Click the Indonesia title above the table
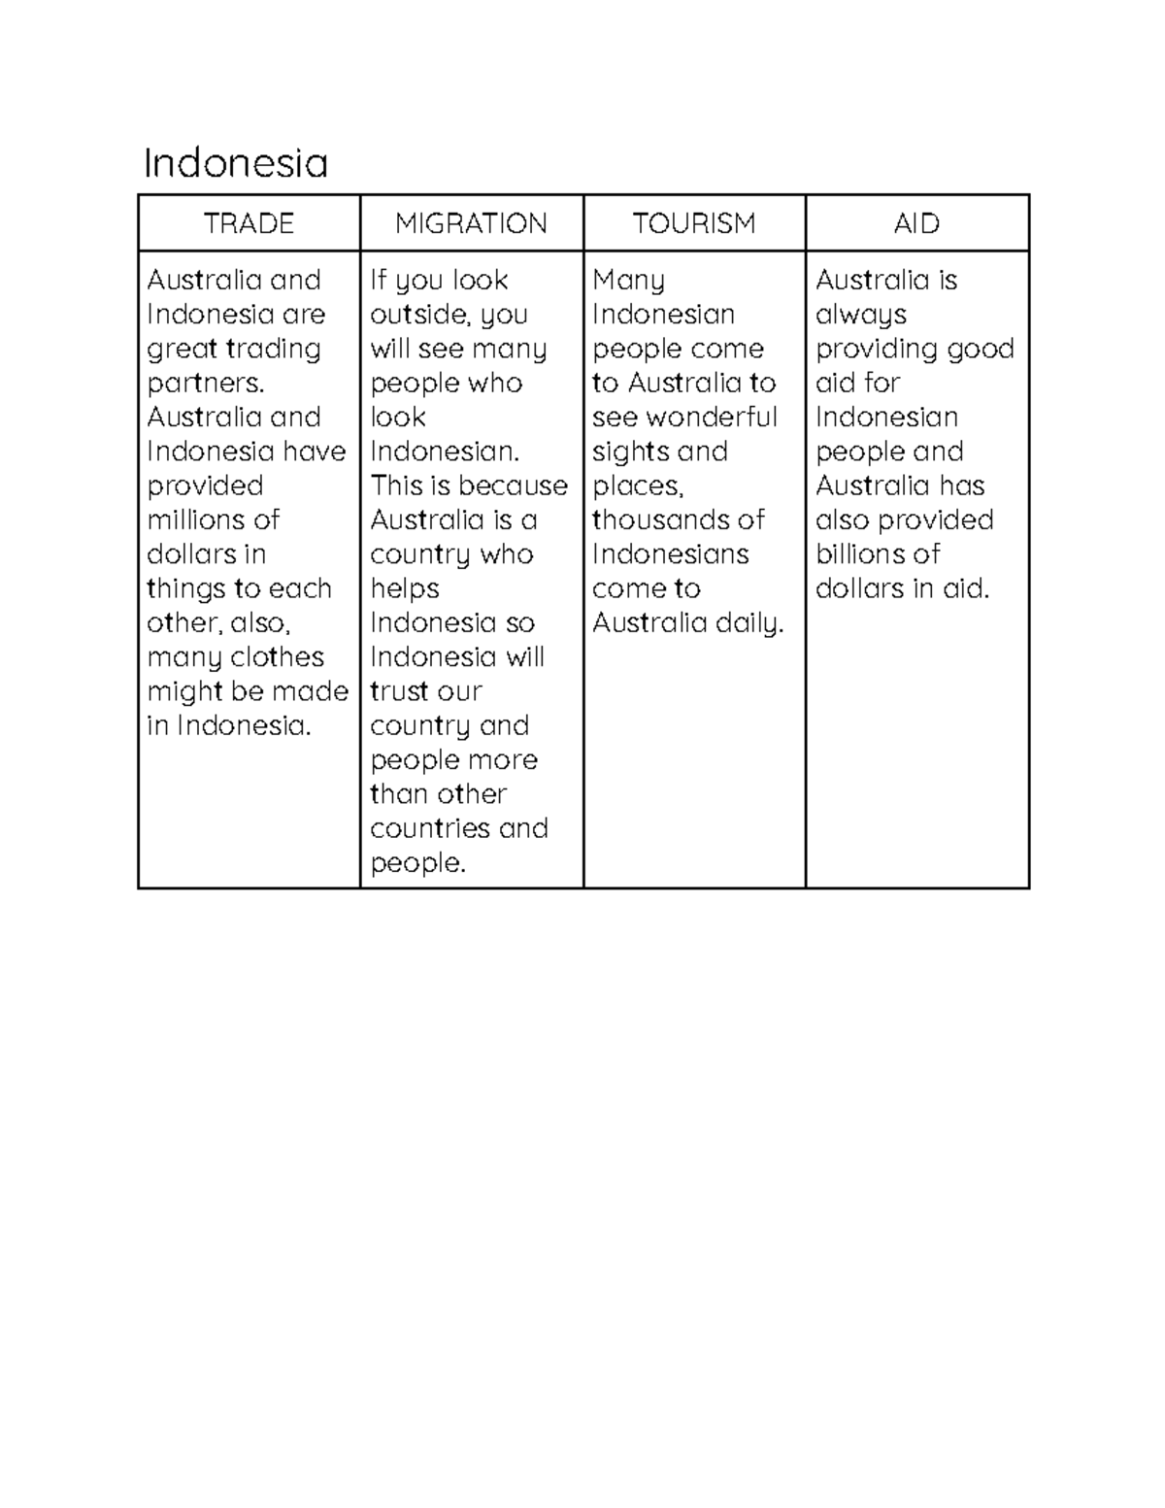236,163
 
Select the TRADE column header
249,223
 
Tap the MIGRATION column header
471,223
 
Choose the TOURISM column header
694,223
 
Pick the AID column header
916,223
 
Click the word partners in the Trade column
205,383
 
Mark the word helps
405,588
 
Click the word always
861,315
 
